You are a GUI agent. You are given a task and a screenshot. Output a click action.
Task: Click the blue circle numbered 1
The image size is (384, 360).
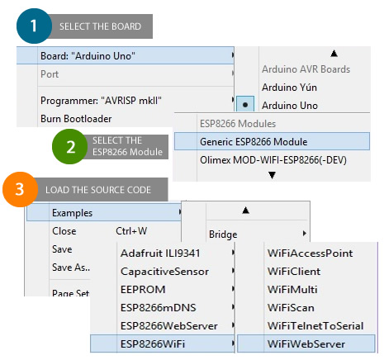pos(34,26)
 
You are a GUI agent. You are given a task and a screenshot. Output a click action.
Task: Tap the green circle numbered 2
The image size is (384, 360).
pos(69,146)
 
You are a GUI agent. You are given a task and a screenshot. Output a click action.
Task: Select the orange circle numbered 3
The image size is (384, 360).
pos(20,189)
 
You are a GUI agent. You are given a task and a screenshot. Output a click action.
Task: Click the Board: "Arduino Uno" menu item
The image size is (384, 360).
pos(88,56)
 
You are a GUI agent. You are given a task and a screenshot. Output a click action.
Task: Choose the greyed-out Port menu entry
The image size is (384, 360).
pos(50,74)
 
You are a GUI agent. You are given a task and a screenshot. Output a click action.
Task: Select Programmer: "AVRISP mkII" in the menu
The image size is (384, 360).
pos(101,101)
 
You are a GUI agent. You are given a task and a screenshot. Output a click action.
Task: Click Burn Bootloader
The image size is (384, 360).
pos(76,119)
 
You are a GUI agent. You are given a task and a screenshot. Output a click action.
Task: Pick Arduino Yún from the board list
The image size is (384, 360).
pos(289,88)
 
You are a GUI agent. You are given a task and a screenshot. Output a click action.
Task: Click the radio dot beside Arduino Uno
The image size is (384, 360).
pos(245,105)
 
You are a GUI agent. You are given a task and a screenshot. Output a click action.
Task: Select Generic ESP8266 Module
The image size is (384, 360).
pos(254,142)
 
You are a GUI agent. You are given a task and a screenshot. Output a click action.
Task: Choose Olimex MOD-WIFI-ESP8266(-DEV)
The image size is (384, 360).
pos(273,160)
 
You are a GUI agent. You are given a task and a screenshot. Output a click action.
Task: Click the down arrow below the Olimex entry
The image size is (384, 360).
pos(272,175)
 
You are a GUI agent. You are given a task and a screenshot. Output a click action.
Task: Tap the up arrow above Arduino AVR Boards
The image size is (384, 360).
pos(334,53)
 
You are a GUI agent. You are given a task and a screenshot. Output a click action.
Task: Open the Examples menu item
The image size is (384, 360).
pos(72,213)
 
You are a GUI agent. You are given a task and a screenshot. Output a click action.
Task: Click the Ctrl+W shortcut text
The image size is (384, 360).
pos(131,231)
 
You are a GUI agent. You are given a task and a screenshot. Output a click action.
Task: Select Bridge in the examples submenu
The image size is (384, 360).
pos(223,234)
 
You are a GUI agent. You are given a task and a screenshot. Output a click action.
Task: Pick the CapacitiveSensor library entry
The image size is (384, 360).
pos(164,272)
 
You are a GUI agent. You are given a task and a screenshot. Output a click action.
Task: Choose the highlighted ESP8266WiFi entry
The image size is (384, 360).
pos(153,343)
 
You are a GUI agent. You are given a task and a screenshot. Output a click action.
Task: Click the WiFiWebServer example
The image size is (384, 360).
pos(306,343)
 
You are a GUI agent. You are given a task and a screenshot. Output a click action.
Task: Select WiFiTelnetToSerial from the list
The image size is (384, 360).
pos(315,326)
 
